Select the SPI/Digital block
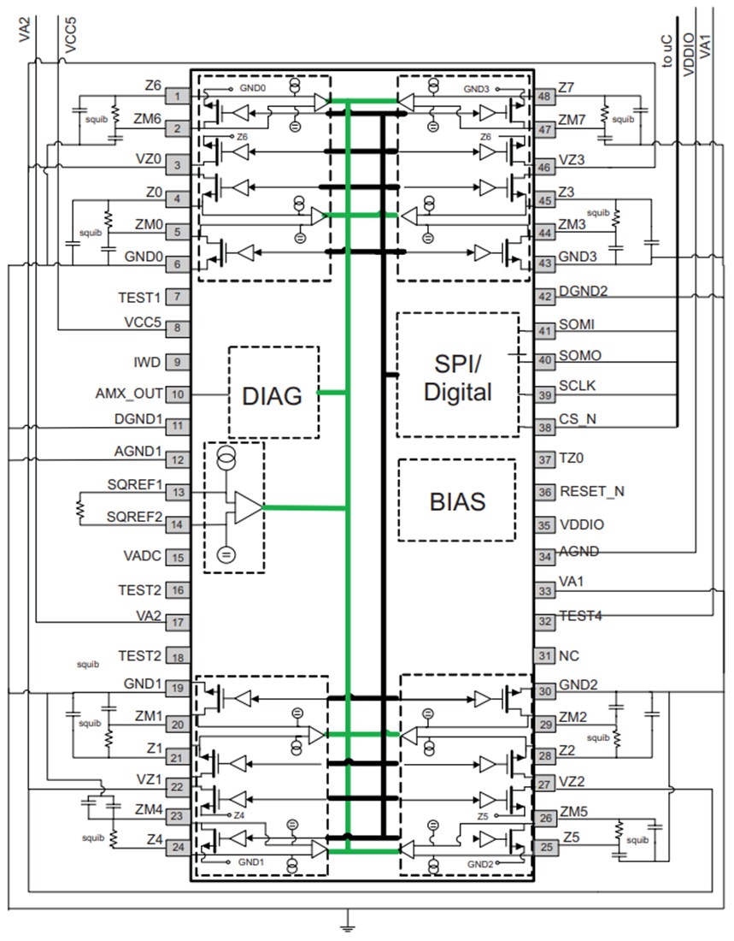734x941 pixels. click(458, 376)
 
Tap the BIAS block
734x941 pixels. click(457, 500)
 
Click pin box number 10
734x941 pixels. click(176, 394)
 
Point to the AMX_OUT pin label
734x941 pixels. click(128, 394)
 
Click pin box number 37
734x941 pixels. click(544, 460)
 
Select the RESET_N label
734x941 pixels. click(591, 492)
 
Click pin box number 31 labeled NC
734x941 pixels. click(544, 655)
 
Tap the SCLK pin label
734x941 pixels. click(578, 387)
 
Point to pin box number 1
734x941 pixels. click(176, 97)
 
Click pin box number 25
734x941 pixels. click(544, 847)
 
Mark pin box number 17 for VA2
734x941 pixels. click(176, 623)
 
